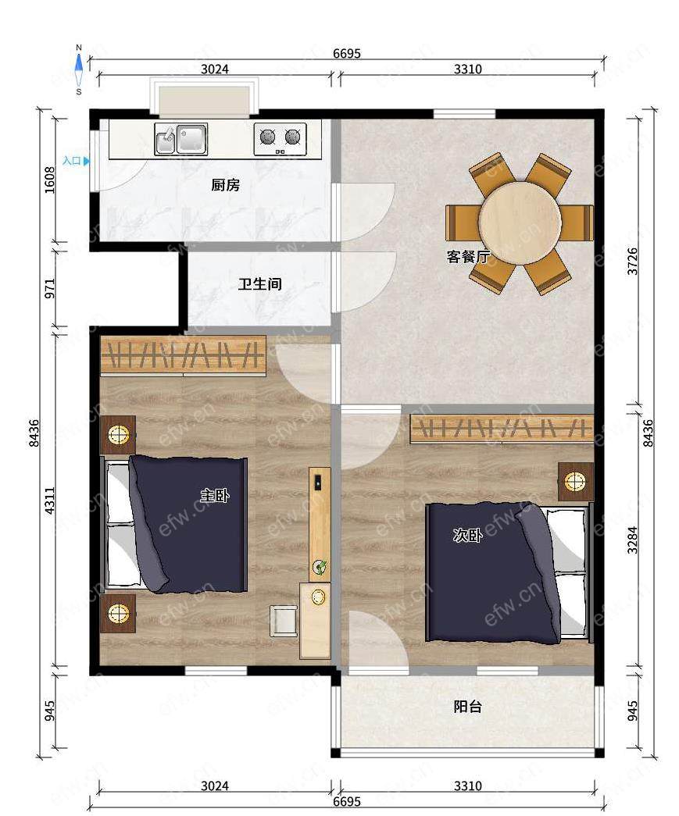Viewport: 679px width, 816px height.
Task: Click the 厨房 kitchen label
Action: tap(226, 185)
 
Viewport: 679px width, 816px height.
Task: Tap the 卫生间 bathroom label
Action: tap(260, 284)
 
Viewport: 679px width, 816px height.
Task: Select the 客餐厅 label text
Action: tap(468, 257)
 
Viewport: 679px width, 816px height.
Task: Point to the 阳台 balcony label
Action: tap(468, 707)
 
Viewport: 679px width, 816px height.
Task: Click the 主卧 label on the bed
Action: tap(215, 495)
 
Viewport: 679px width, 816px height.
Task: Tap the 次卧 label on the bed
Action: tap(467, 535)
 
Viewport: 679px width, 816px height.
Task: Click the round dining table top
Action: tap(520, 223)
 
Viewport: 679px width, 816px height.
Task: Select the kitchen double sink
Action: tap(181, 138)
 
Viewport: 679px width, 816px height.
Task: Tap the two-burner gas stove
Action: tap(281, 138)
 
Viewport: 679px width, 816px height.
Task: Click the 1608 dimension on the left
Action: tap(50, 180)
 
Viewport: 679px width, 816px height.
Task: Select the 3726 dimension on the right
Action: tap(632, 262)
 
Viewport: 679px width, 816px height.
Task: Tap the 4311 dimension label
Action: tap(50, 501)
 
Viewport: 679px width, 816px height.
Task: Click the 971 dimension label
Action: tap(50, 288)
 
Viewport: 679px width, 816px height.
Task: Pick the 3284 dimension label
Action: tap(632, 540)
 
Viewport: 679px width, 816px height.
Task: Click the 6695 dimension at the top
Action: tap(347, 53)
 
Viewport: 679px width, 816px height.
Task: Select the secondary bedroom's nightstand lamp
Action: tap(575, 481)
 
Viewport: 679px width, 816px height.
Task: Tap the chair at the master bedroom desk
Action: tap(284, 620)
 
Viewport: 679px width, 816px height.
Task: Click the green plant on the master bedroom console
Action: tap(320, 567)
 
